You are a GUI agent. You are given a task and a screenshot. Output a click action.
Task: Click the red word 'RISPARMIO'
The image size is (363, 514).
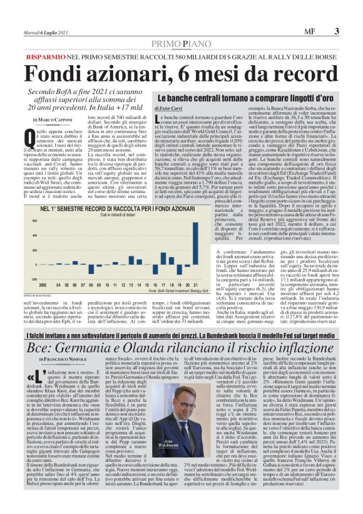pyautogui.click(x=46, y=56)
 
